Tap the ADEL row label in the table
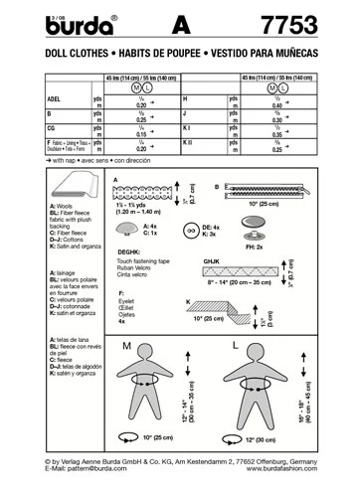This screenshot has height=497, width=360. [x=28, y=100]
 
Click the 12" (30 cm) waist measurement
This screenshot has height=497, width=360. [x=269, y=438]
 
